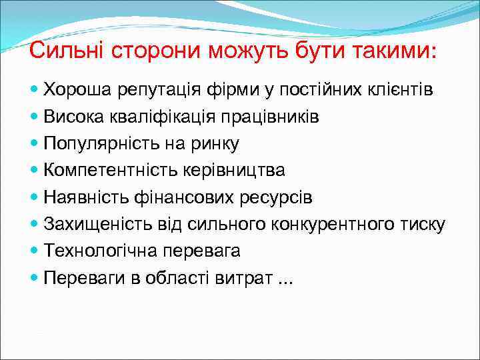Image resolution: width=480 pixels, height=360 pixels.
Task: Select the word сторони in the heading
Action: point(145,51)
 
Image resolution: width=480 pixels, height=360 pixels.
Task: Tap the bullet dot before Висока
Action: point(35,117)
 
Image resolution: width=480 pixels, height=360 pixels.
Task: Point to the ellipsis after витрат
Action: point(285,281)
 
